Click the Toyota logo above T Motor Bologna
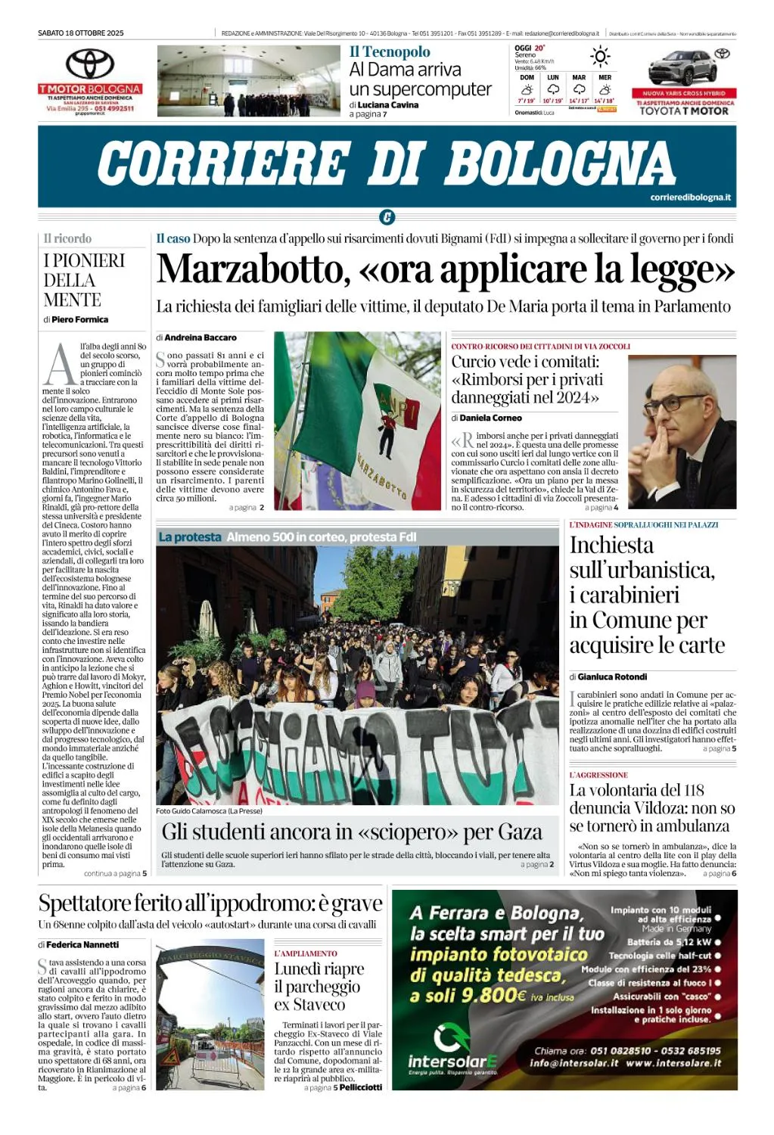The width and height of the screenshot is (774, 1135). (90, 64)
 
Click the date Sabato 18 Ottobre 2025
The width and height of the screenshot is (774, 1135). (81, 33)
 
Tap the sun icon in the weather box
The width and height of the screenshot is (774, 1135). (600, 57)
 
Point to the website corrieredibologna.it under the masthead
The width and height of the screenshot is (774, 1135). (690, 197)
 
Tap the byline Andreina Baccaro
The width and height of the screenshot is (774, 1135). (200, 337)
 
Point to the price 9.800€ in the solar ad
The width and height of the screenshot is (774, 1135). (493, 995)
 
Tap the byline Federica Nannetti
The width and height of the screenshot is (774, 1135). (82, 944)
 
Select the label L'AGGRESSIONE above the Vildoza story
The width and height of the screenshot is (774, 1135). (598, 775)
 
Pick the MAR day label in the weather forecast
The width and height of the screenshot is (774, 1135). (579, 77)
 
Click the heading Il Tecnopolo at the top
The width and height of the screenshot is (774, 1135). (390, 51)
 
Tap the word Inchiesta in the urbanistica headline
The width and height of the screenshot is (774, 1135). (611, 545)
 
